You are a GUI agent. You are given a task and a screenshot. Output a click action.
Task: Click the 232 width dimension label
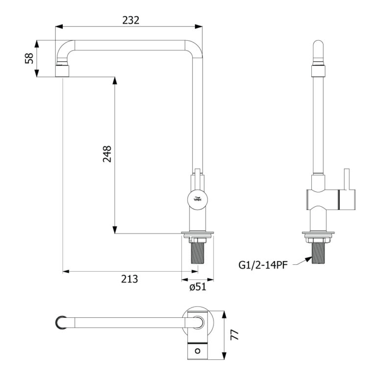[x=131, y=21]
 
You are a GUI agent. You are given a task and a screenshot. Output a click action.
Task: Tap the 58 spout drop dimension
[x=29, y=58]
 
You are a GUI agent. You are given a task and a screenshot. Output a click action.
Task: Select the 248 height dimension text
[x=107, y=154]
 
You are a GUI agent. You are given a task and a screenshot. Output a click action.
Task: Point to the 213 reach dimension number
[x=129, y=279]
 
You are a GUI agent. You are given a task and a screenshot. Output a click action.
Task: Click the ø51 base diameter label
[x=198, y=286]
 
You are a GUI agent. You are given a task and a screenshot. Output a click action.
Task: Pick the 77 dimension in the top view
[x=235, y=335]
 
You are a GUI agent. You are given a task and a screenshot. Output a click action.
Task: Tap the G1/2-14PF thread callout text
[x=263, y=265]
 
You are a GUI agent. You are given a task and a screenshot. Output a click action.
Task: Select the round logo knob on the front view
[x=197, y=199]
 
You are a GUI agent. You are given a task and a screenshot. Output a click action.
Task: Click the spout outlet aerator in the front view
[x=62, y=70]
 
